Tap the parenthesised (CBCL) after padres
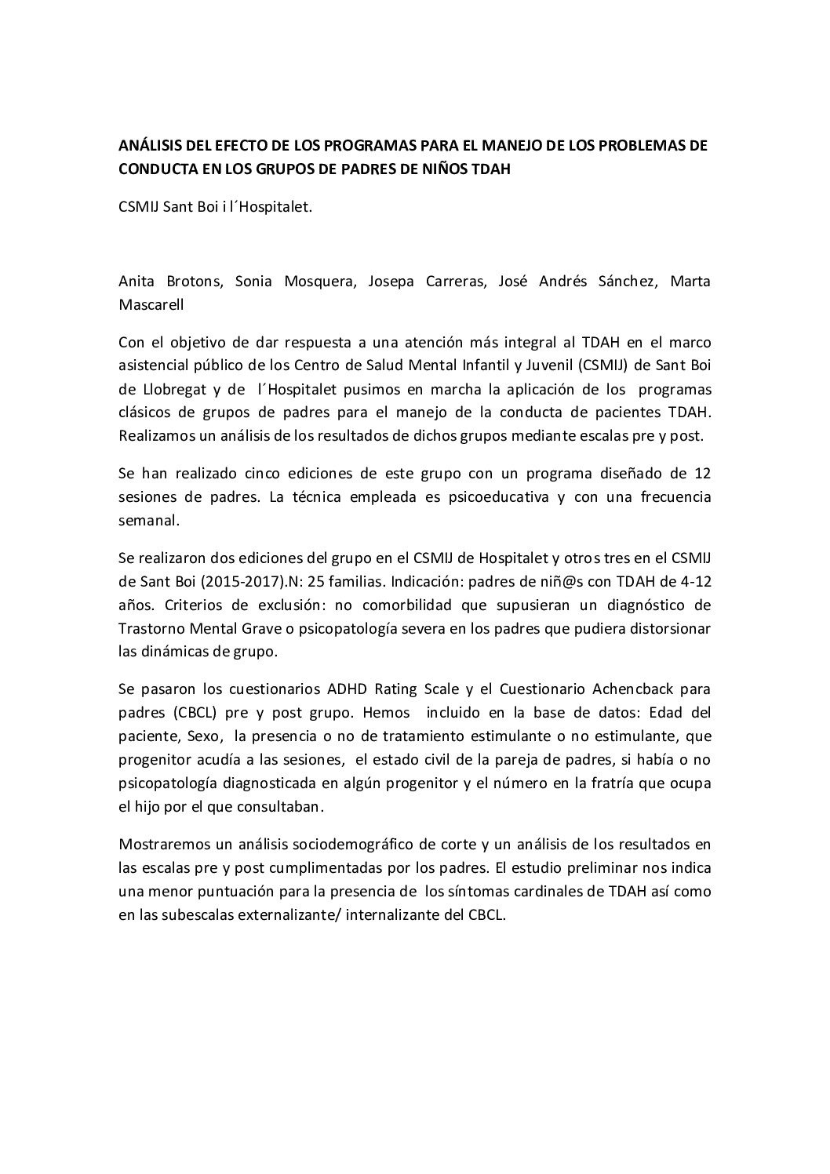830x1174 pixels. (194, 712)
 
